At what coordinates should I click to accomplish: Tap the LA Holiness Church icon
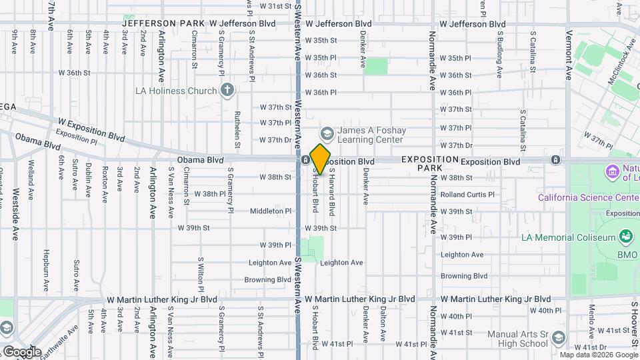click(227, 91)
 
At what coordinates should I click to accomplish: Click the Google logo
click(22, 351)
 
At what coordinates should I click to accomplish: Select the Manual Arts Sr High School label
click(517, 339)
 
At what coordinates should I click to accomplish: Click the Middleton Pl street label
click(267, 211)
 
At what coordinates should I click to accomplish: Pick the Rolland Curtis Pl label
click(467, 195)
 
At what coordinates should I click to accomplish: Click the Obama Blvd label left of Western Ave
click(200, 161)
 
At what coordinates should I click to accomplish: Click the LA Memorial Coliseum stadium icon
click(625, 236)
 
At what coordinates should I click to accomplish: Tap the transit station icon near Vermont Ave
click(555, 160)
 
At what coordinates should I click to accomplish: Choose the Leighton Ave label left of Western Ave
click(270, 263)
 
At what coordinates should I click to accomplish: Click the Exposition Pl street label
click(77, 137)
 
